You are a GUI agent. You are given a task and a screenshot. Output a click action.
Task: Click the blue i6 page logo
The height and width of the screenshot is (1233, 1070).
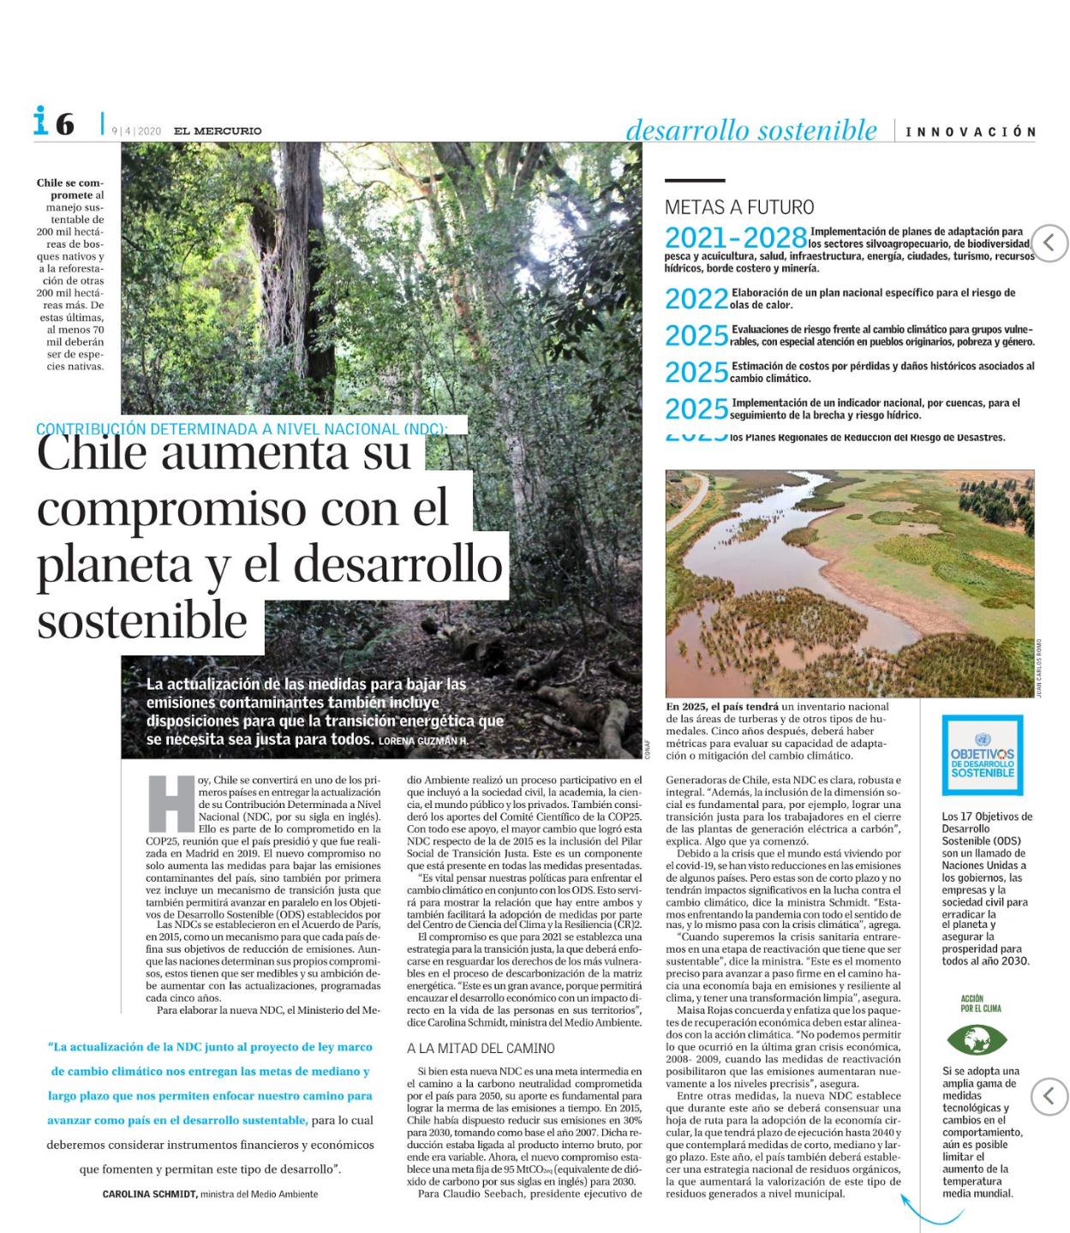(53, 123)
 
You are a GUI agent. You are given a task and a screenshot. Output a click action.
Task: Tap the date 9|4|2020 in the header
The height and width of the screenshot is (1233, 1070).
(136, 131)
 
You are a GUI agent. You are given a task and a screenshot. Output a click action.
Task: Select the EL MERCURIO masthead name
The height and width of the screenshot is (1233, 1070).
(218, 131)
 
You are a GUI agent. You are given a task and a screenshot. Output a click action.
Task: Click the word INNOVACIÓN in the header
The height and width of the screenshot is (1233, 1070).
(971, 132)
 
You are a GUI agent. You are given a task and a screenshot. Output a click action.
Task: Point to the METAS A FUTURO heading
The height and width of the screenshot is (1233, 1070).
(739, 207)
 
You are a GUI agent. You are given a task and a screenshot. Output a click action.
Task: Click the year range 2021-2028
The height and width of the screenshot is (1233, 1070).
(736, 238)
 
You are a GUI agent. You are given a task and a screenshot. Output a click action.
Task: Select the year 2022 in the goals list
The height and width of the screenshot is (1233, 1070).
(696, 299)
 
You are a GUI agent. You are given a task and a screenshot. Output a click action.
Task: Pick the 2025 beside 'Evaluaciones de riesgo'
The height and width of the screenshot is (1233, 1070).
(696, 336)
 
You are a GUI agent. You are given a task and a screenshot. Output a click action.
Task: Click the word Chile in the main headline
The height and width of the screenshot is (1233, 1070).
(93, 453)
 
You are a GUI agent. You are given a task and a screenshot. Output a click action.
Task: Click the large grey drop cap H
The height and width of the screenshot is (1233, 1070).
(171, 804)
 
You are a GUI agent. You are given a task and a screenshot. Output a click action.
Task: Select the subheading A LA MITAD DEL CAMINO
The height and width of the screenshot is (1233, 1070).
(481, 1048)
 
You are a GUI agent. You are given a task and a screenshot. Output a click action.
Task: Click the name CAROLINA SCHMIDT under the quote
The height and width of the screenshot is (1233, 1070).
(150, 1194)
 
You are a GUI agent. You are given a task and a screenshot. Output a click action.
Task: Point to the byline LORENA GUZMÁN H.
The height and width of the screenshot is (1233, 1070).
(423, 741)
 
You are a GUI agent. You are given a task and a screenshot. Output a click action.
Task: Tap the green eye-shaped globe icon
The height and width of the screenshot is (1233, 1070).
(976, 1040)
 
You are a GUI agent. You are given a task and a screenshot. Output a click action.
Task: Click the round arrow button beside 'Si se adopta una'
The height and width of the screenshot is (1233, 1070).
(1049, 1096)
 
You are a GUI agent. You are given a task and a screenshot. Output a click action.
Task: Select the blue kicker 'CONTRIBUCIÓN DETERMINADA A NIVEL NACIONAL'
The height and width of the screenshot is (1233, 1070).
(241, 429)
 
